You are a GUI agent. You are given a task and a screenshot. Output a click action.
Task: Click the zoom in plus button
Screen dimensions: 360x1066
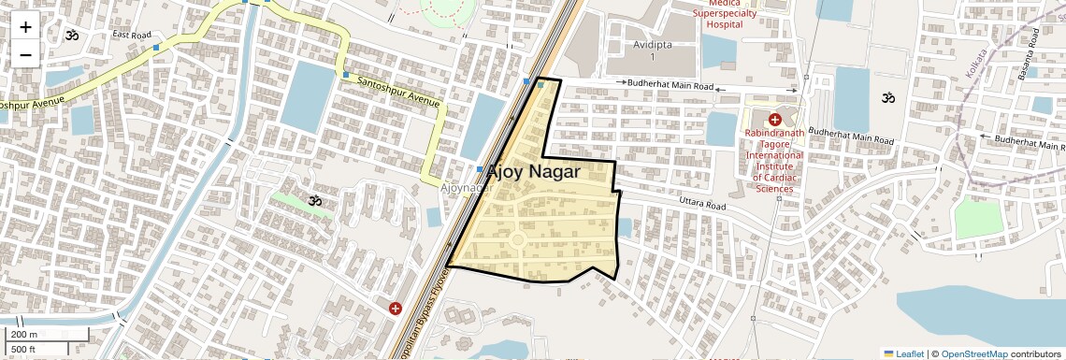pyautogui.click(x=25, y=27)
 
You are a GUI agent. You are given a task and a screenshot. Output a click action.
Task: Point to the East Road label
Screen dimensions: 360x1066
pyautogui.click(x=131, y=35)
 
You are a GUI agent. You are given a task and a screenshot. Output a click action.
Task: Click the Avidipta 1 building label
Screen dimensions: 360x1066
pyautogui.click(x=653, y=50)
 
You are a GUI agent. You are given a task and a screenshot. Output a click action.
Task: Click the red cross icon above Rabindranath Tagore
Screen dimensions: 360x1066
pyautogui.click(x=775, y=119)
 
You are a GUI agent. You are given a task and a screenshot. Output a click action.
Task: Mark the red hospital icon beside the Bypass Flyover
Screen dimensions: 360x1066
pyautogui.click(x=396, y=308)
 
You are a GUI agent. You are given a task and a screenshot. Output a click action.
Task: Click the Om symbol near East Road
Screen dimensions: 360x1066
pyautogui.click(x=71, y=36)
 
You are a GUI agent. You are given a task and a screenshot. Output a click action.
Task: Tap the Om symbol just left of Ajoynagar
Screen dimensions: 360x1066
pyautogui.click(x=315, y=199)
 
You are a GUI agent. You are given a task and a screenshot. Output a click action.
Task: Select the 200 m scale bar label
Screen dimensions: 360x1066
pyautogui.click(x=24, y=335)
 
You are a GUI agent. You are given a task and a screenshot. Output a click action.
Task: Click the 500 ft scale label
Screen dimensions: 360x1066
pyautogui.click(x=24, y=350)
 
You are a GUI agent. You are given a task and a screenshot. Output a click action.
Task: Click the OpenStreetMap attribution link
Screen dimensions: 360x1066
pyautogui.click(x=973, y=353)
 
